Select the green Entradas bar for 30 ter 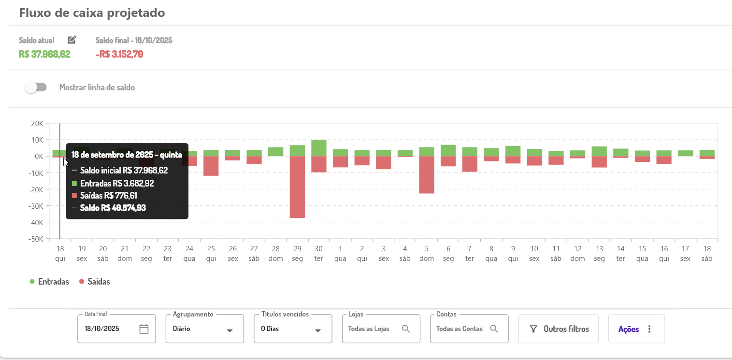pyautogui.click(x=319, y=148)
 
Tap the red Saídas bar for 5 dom pyautogui.click(x=427, y=174)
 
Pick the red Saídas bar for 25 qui pyautogui.click(x=211, y=166)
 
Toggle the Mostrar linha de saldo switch pyautogui.click(x=36, y=87)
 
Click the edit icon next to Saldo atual pyautogui.click(x=72, y=40)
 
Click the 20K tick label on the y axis pyautogui.click(x=37, y=123)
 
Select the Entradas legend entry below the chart pyautogui.click(x=49, y=282)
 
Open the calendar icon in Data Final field pyautogui.click(x=144, y=329)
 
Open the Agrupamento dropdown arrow pyautogui.click(x=230, y=331)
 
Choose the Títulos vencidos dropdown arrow pyautogui.click(x=318, y=331)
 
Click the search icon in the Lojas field pyautogui.click(x=406, y=329)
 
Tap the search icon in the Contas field pyautogui.click(x=494, y=329)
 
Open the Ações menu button pyautogui.click(x=636, y=329)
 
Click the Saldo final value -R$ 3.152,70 pyautogui.click(x=119, y=54)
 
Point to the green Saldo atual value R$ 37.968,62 pyautogui.click(x=44, y=54)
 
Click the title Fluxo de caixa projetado pyautogui.click(x=92, y=13)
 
